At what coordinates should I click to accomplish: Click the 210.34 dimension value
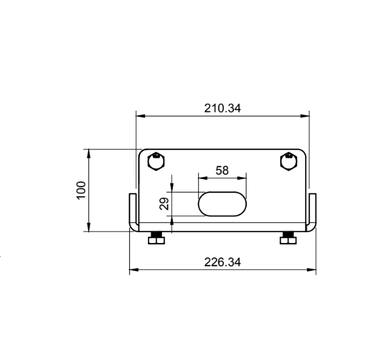pyautogui.click(x=223, y=108)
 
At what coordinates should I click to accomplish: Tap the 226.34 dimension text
pyautogui.click(x=223, y=262)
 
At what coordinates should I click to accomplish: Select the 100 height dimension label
pyautogui.click(x=81, y=190)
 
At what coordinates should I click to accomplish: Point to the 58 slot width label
pyautogui.click(x=222, y=170)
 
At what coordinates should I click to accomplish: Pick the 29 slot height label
pyautogui.click(x=164, y=204)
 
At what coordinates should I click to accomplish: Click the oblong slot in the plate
pyautogui.click(x=222, y=204)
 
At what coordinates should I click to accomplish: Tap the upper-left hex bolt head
pyautogui.click(x=156, y=162)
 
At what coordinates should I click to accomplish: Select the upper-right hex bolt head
pyautogui.click(x=289, y=162)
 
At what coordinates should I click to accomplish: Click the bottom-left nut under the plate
pyautogui.click(x=156, y=238)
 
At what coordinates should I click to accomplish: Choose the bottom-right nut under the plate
pyautogui.click(x=289, y=238)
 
